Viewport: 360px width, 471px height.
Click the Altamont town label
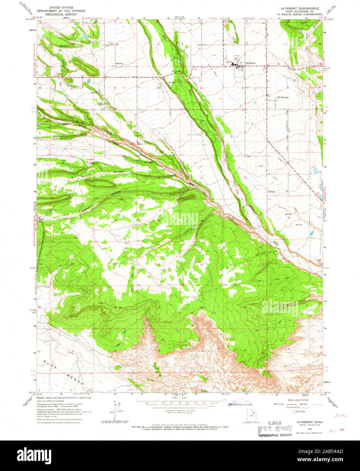pos(251,63)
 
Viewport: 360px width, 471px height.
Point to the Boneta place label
pos(119,63)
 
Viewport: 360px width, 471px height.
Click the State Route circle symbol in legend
pos(294,412)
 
